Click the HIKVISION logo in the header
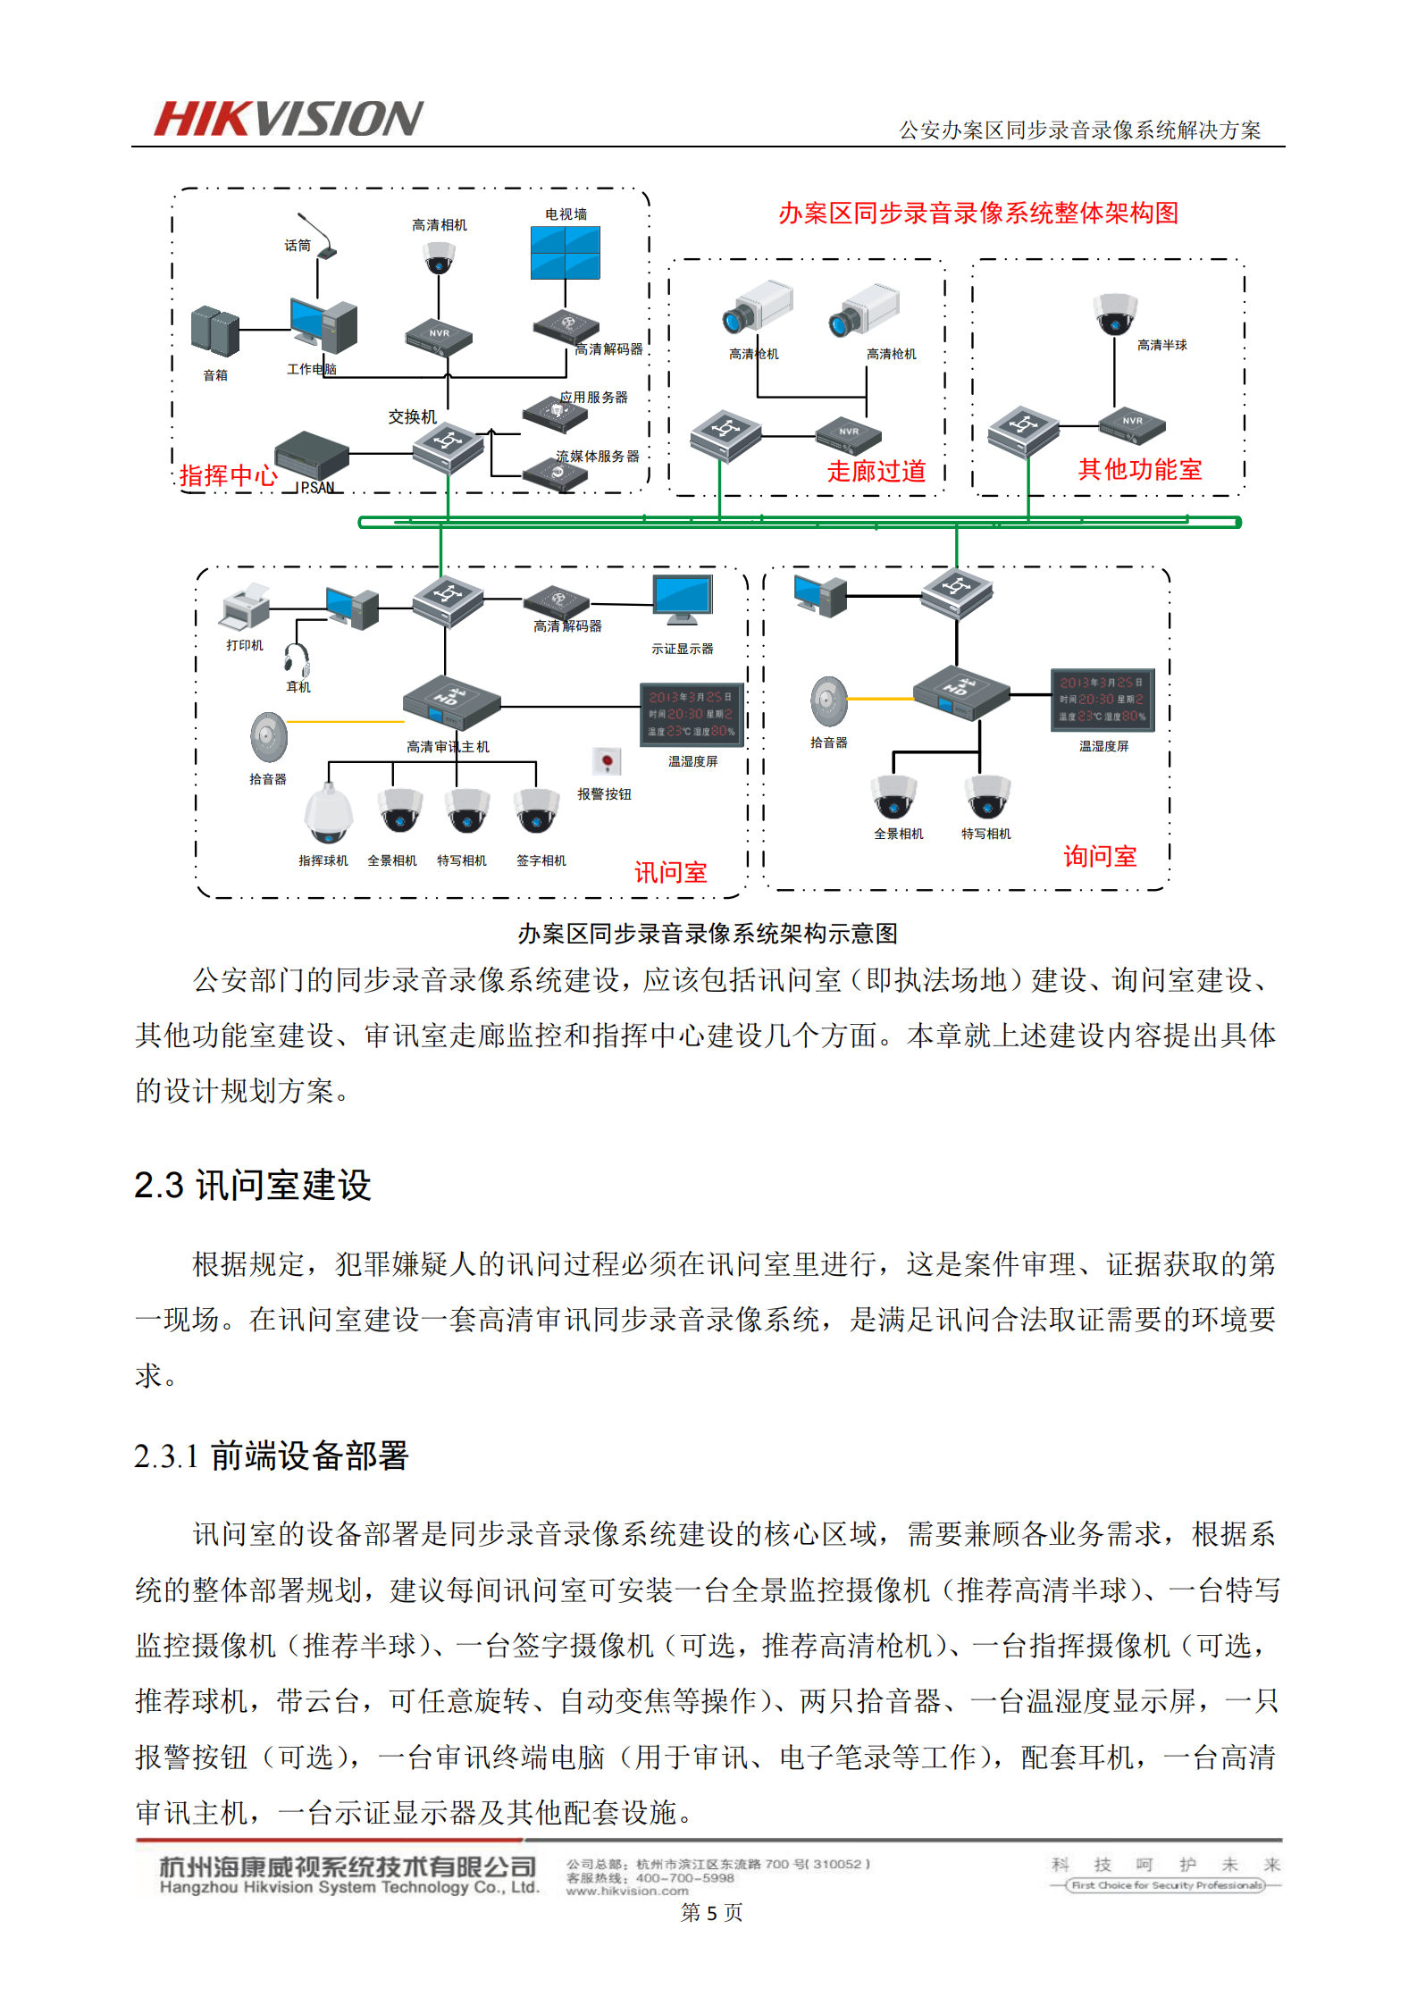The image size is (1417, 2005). tap(288, 119)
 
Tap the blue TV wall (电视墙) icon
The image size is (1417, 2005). tap(565, 253)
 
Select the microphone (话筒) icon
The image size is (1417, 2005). tap(319, 236)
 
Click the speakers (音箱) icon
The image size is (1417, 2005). tap(214, 331)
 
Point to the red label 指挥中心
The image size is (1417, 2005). tap(228, 475)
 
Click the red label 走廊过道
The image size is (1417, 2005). tap(876, 471)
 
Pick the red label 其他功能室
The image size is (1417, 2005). tap(1139, 469)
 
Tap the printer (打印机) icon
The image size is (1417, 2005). tap(244, 607)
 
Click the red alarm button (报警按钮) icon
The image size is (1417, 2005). tap(607, 761)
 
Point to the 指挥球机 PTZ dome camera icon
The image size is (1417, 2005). tap(328, 813)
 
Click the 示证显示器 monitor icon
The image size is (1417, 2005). tap(683, 600)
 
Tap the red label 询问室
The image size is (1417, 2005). tap(1100, 857)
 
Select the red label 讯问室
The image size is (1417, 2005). tap(670, 873)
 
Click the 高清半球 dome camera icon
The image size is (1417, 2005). tap(1115, 314)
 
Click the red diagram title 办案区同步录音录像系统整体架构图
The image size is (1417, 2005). tap(978, 213)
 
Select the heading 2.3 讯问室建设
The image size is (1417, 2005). tap(253, 1186)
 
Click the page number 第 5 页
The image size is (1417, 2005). tap(711, 1912)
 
